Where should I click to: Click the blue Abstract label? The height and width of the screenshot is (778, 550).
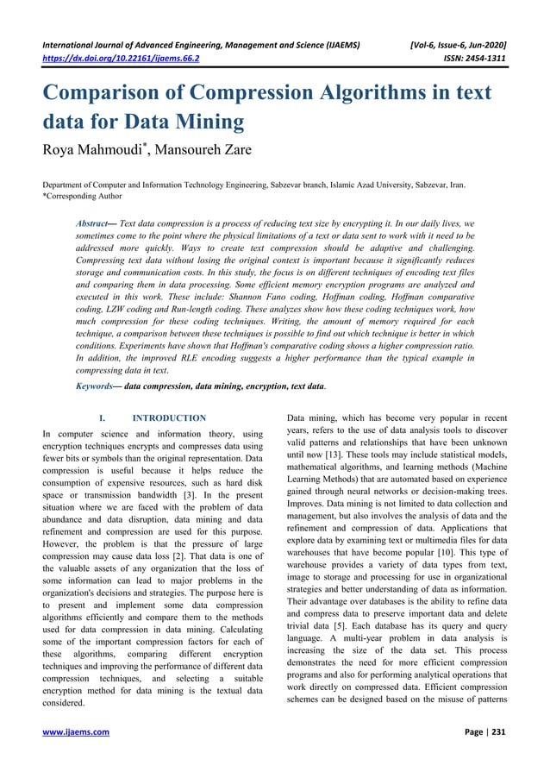[x=97, y=223]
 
